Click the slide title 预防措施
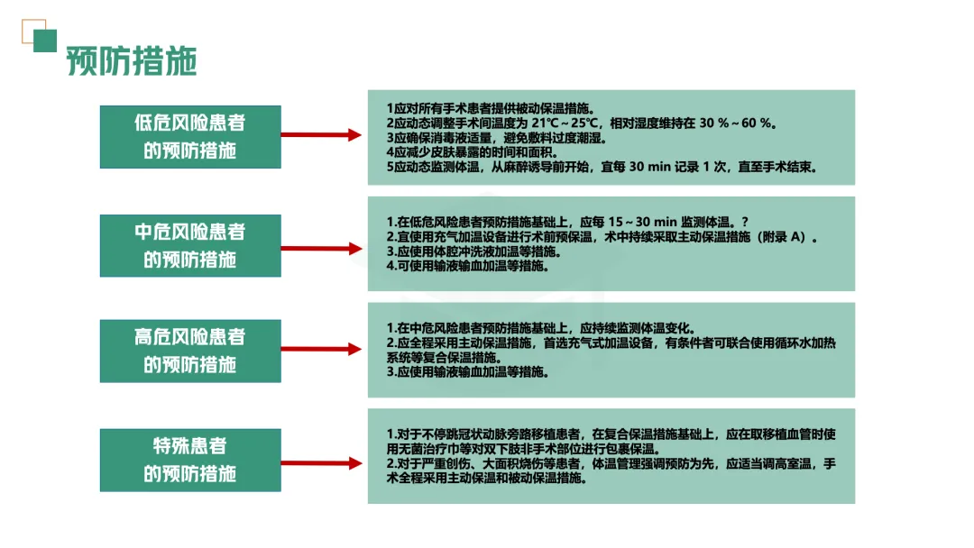(x=132, y=61)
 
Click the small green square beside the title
(x=45, y=41)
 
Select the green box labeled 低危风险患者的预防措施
(x=190, y=136)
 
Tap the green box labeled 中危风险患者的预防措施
(x=190, y=245)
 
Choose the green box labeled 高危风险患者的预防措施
(x=190, y=351)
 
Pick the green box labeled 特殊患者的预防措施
(x=190, y=460)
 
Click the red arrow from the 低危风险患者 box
(x=321, y=136)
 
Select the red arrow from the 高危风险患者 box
(x=321, y=350)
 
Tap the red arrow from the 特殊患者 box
(x=321, y=461)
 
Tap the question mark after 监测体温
(x=745, y=223)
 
